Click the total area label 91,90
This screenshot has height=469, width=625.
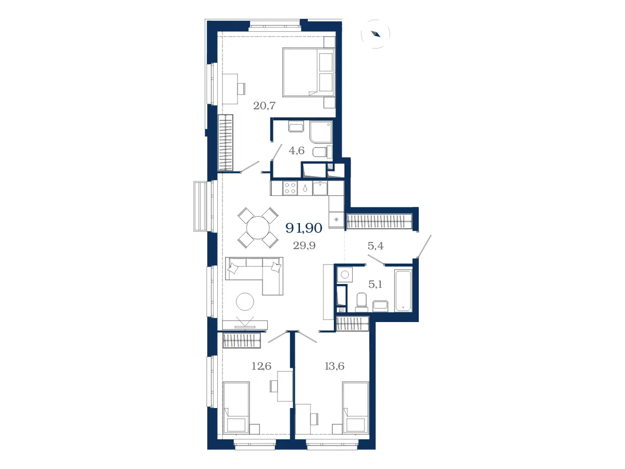click(304, 228)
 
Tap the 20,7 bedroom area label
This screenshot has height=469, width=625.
click(264, 106)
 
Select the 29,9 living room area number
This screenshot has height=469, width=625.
click(304, 245)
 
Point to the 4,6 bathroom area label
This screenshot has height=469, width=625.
click(296, 151)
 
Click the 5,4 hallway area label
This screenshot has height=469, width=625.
click(376, 245)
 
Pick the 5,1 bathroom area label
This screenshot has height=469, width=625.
click(375, 284)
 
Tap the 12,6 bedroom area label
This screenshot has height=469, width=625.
click(261, 366)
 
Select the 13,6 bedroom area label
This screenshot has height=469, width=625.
click(334, 366)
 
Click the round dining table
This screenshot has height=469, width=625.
click(258, 228)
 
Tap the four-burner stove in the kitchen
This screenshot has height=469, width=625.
click(290, 188)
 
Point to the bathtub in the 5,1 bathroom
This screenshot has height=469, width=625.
click(403, 290)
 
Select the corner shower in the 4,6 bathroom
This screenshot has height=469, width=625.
click(321, 132)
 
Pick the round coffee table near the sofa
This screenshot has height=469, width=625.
click(245, 302)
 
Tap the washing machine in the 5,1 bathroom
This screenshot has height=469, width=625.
click(345, 275)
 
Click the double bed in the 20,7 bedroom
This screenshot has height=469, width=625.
click(308, 72)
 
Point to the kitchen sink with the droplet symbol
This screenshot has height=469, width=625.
click(305, 188)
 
